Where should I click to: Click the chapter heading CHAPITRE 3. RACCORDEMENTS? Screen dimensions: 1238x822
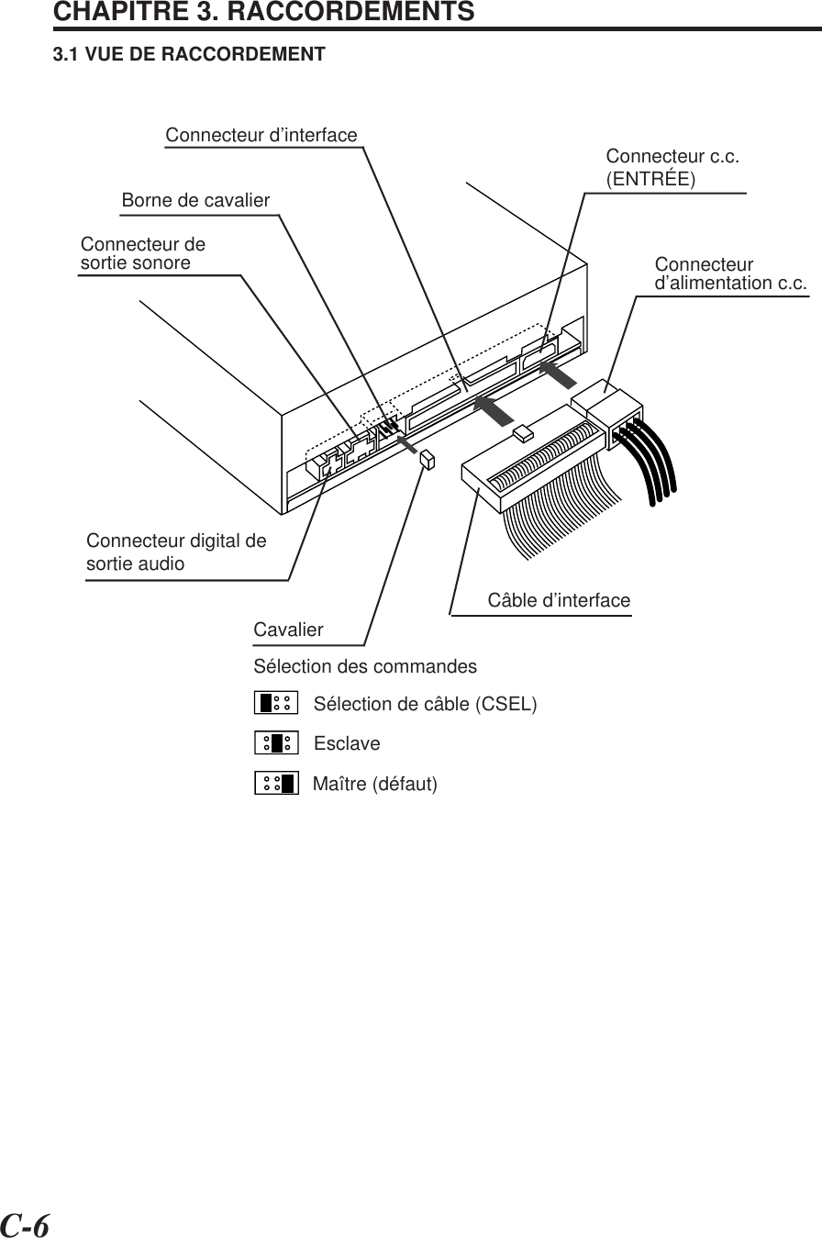[264, 13]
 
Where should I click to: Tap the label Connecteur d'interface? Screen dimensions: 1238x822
[261, 136]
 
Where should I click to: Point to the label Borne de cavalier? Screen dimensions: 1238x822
[196, 200]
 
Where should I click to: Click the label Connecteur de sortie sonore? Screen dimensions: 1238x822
[142, 254]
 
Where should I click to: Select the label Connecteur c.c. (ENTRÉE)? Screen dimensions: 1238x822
[672, 166]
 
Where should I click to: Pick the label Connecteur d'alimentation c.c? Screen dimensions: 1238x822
[731, 273]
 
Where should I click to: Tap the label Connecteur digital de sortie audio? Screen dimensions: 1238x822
[176, 552]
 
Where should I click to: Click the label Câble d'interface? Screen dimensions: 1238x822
[559, 601]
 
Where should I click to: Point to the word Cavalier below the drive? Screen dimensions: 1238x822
[288, 630]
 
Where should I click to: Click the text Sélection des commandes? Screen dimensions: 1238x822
[365, 665]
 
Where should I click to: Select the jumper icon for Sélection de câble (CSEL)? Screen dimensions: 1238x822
[276, 703]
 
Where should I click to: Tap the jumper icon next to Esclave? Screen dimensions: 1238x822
[276, 742]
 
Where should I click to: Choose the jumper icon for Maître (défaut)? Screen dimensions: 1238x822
[276, 783]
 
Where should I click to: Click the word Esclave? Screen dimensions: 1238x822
[347, 743]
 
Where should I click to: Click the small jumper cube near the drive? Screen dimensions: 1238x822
[427, 460]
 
